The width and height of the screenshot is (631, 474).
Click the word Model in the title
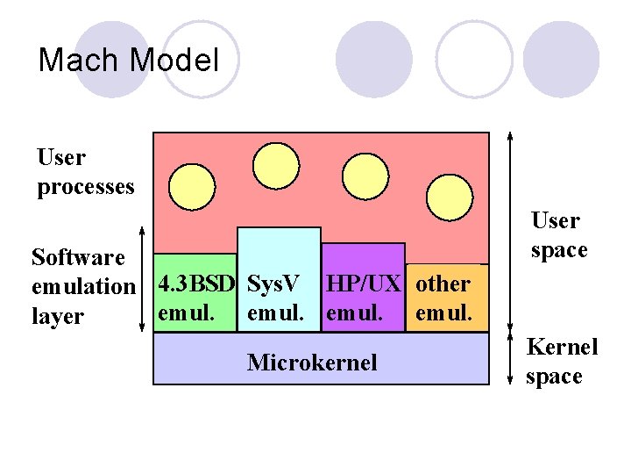click(174, 60)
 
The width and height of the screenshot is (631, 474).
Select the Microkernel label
click(312, 362)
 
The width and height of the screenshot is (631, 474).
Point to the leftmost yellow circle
click(192, 186)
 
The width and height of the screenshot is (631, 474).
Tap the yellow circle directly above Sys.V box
click(276, 164)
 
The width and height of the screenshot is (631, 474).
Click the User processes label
click(85, 172)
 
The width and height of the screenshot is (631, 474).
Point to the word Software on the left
click(78, 257)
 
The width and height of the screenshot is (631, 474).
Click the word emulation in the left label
click(83, 286)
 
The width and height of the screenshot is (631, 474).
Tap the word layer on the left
click(57, 316)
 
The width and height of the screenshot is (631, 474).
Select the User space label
click(557, 235)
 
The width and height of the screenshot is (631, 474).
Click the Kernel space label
click(561, 361)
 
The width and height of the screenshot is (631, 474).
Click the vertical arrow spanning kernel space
click(511, 362)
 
